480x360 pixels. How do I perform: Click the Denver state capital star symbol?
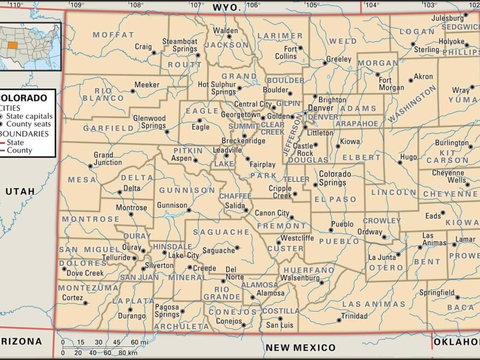(x=305, y=113)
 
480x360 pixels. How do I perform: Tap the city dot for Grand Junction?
(x=90, y=166)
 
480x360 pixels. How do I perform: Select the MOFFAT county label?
(x=113, y=35)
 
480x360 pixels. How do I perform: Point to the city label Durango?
(x=132, y=316)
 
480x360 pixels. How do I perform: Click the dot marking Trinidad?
(x=337, y=316)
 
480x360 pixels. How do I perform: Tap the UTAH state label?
(x=20, y=191)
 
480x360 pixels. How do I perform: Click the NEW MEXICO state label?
(x=301, y=347)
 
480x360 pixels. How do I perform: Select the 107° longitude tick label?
(x=196, y=5)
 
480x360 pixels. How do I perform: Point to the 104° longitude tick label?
(x=372, y=5)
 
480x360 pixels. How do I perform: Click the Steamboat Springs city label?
(x=179, y=45)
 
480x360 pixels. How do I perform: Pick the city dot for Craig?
(x=154, y=53)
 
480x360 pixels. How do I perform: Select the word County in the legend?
(x=19, y=151)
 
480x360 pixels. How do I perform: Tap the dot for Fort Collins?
(x=300, y=48)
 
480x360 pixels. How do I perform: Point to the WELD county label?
(x=343, y=41)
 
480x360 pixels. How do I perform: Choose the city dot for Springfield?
(x=457, y=297)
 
